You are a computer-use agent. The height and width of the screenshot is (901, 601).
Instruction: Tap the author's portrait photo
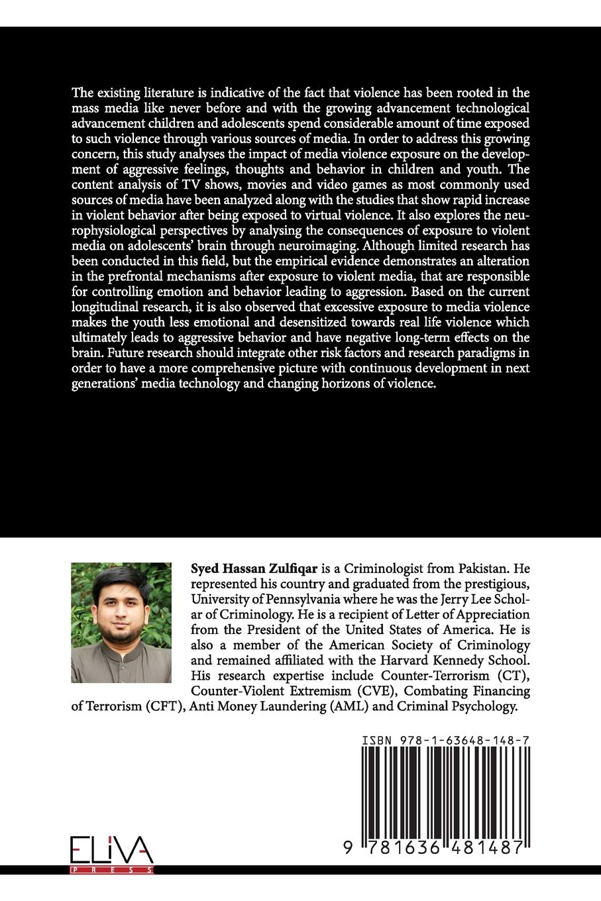click(x=121, y=613)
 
